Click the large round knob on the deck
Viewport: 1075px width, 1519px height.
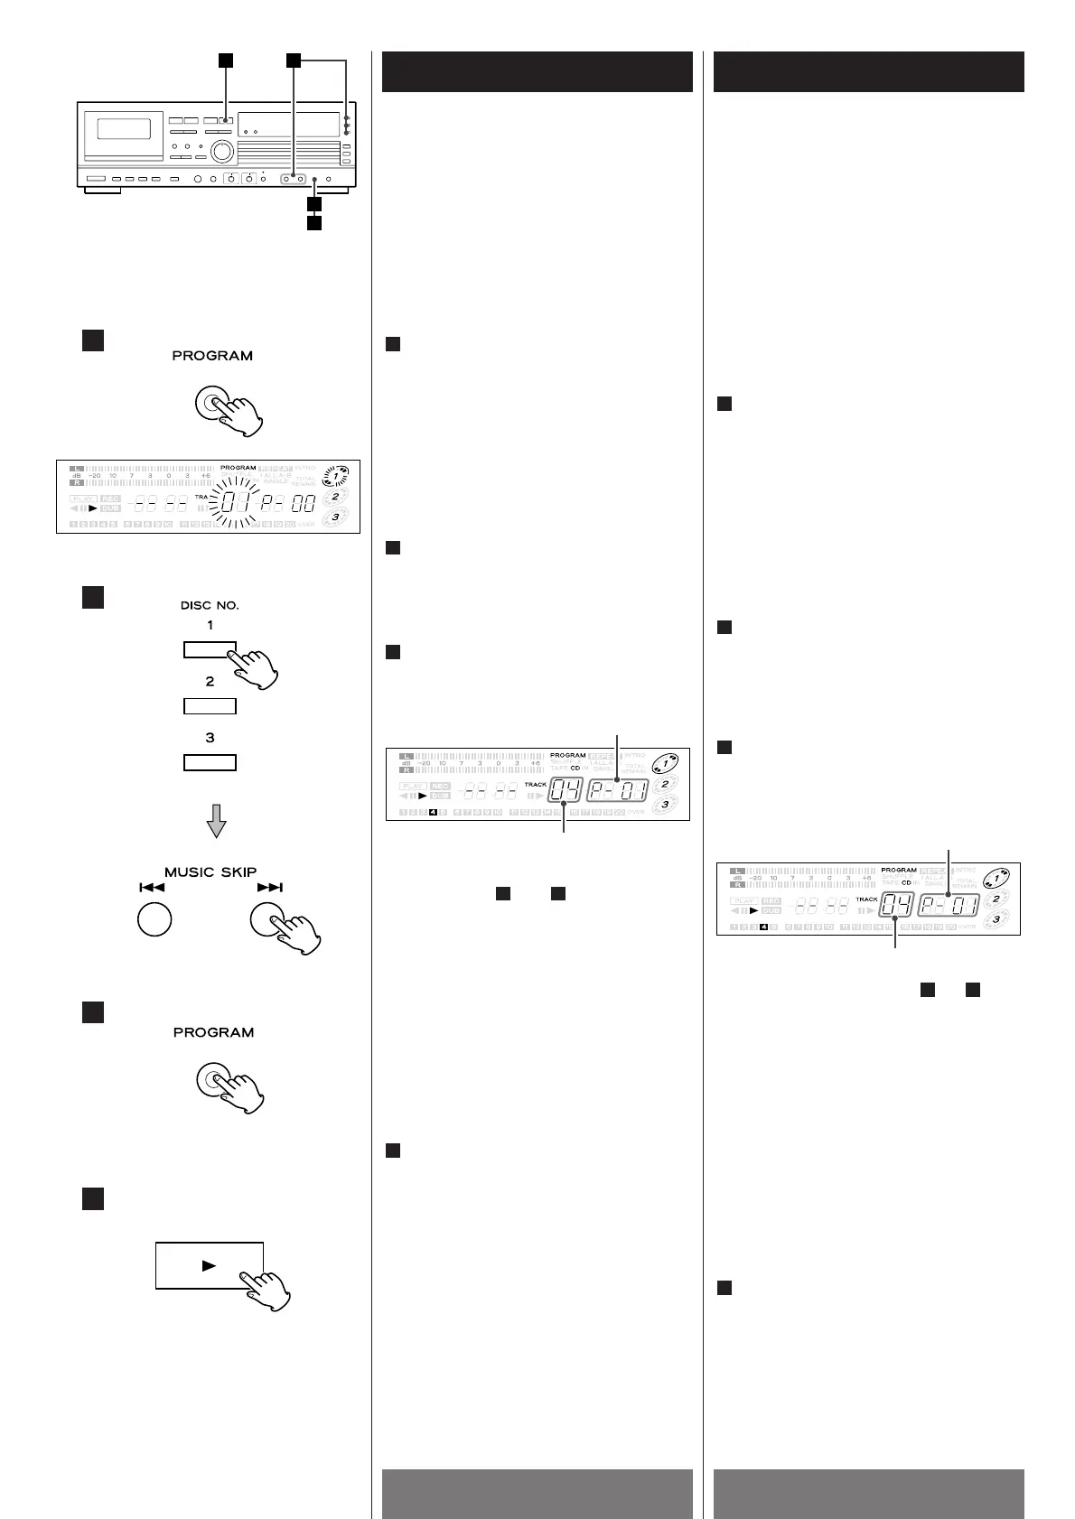[x=222, y=150]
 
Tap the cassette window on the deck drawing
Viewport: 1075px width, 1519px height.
[x=124, y=128]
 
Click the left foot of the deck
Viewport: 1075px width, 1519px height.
[x=100, y=191]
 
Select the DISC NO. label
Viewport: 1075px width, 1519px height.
[x=210, y=605]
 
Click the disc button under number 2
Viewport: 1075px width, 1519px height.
[x=210, y=706]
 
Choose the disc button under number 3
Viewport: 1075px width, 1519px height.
[x=210, y=762]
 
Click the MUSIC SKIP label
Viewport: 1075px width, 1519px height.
[x=210, y=871]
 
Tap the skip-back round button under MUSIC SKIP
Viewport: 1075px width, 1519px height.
[x=154, y=920]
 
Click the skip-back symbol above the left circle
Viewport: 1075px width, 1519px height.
[x=151, y=888]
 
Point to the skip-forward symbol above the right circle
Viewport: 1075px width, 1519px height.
[x=269, y=888]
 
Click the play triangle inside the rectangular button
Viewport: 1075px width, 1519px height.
[x=209, y=1265]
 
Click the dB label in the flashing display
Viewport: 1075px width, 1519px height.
[x=77, y=476]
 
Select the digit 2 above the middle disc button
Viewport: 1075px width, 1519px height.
[x=210, y=682]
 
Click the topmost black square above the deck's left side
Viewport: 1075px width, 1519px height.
[x=226, y=61]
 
